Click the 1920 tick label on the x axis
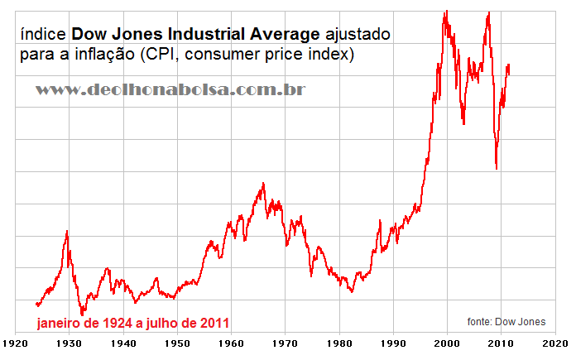[16, 342]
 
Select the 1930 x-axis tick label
[70, 342]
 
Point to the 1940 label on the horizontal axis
[123, 342]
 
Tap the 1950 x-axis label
[177, 342]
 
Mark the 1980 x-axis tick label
[339, 342]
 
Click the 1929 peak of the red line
[67, 232]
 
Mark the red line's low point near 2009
[497, 169]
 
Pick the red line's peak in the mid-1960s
[263, 184]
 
